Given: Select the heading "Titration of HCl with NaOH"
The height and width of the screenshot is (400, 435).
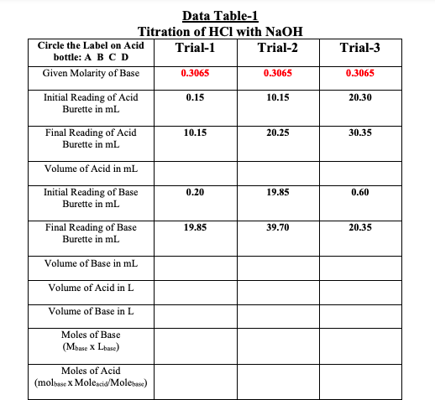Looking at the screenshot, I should [x=217, y=31].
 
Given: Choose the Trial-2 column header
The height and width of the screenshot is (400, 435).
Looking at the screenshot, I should [x=277, y=49].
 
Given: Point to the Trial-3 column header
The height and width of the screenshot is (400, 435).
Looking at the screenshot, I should [x=361, y=49].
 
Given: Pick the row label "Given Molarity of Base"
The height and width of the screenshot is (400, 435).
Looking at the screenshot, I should [x=92, y=73].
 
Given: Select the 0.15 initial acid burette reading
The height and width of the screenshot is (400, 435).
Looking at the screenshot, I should [x=196, y=98].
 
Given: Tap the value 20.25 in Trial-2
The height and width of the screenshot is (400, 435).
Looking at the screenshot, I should [x=277, y=132].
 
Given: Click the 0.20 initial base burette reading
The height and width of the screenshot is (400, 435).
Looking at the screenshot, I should [x=196, y=192].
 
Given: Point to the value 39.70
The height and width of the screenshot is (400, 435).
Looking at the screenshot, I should [x=277, y=227].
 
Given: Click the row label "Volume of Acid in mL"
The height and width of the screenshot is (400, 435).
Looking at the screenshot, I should [x=92, y=168].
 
